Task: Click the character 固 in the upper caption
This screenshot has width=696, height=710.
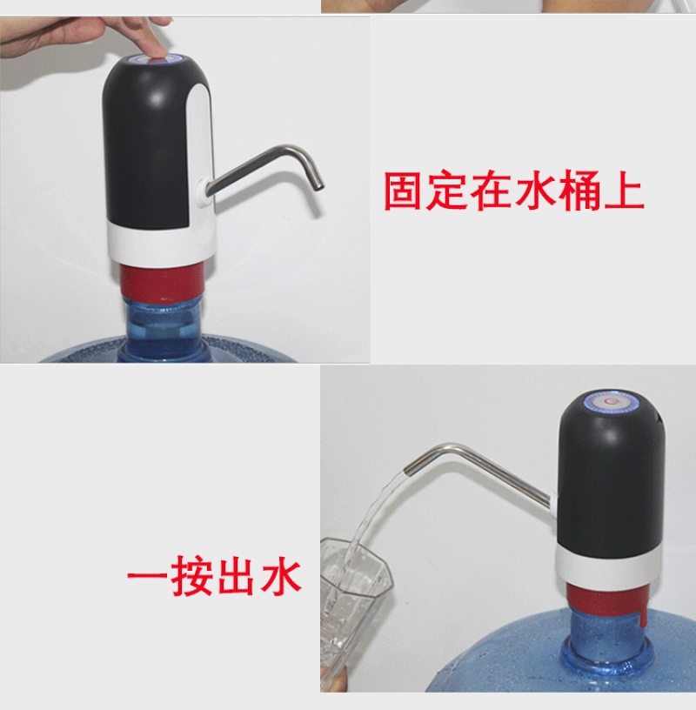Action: (x=403, y=191)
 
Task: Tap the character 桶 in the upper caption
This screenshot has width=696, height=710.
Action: (x=580, y=191)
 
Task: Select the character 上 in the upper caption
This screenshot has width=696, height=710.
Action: (x=625, y=191)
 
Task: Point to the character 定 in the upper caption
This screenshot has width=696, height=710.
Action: (x=446, y=191)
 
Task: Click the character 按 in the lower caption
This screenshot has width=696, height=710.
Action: (x=193, y=575)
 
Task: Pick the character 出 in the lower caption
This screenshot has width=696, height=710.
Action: (x=237, y=575)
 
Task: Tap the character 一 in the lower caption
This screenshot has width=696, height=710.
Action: (x=147, y=576)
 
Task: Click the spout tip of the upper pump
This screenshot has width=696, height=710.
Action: (x=318, y=186)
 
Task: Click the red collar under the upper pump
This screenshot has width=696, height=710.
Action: (x=161, y=281)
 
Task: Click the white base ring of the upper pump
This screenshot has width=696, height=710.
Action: (x=161, y=244)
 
